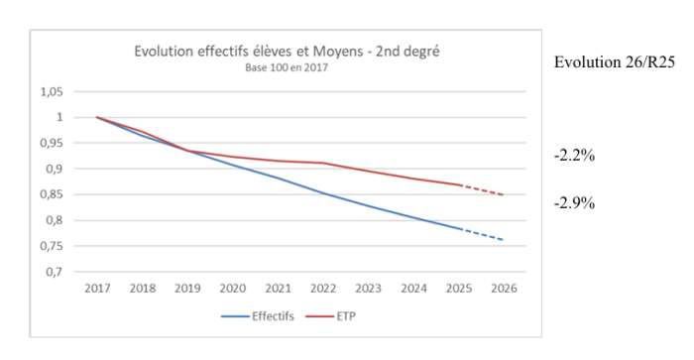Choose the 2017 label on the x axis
97,289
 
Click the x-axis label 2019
186,289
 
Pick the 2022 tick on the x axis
322,289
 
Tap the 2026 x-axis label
503,289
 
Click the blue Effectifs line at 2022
322,192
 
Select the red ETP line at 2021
277,161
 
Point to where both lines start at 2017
97,117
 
